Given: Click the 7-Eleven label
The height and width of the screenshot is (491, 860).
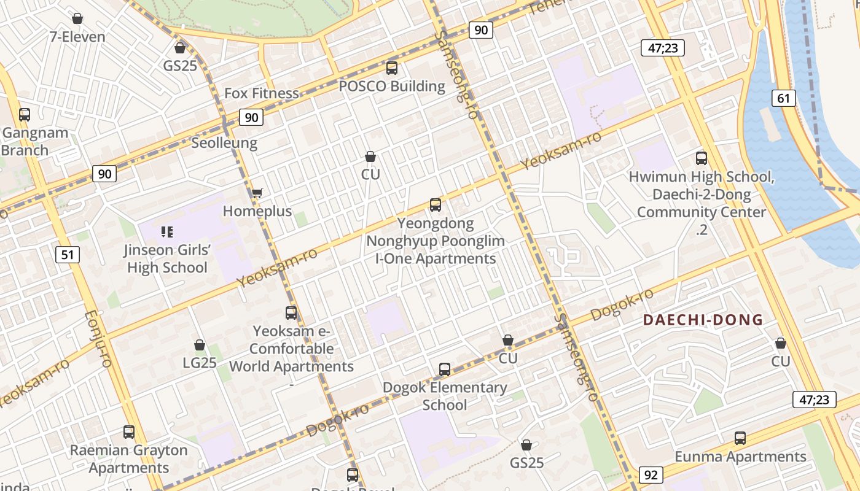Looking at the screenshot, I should [x=77, y=37].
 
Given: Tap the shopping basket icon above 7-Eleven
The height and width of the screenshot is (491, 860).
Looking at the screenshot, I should [x=77, y=18].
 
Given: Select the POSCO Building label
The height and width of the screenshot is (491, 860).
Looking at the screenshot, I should [x=392, y=86].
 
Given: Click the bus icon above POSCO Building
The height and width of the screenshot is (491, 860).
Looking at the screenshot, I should [x=392, y=68].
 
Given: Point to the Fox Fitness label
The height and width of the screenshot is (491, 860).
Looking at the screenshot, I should [x=262, y=93].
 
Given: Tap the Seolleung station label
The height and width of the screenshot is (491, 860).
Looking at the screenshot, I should [x=224, y=143].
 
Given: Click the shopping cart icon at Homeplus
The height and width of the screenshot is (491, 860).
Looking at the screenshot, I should [x=257, y=193].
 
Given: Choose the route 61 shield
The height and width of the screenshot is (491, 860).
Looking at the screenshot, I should [x=783, y=98].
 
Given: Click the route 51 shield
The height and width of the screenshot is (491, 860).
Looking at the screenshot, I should [x=68, y=253].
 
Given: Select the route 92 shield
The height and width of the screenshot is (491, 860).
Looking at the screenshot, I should [x=651, y=475].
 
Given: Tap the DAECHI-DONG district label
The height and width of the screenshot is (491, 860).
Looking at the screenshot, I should [x=703, y=320].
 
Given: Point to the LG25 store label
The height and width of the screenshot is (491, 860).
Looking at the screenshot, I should [x=200, y=363].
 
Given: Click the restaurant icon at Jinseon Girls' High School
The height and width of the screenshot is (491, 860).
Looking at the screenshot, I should [x=167, y=231].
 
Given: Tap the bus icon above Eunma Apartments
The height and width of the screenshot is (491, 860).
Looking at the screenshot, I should [x=740, y=438].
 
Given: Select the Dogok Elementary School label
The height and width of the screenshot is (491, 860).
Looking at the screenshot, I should [x=445, y=396].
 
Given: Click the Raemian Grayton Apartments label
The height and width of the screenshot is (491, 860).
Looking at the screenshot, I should [x=128, y=458].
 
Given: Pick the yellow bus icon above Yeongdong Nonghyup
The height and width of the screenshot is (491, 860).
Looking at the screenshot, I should [x=436, y=204].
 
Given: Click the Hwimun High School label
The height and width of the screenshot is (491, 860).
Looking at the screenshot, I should [x=701, y=177].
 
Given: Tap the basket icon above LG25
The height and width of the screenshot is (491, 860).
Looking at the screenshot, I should [x=200, y=345].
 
